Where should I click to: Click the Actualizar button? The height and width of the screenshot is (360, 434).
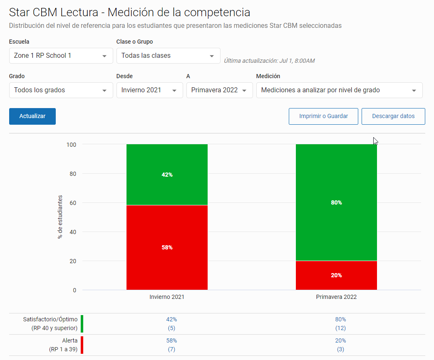32,116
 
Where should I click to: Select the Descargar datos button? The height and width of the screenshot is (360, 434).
393,116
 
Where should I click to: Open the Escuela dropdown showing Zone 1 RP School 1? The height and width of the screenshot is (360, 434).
61,56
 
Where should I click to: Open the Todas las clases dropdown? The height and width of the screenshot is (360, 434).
168,56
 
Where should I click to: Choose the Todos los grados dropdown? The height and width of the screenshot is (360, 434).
61,90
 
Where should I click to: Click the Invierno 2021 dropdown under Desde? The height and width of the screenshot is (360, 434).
149,90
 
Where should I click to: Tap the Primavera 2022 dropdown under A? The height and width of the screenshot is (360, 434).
219,90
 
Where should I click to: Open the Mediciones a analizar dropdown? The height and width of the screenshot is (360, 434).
339,90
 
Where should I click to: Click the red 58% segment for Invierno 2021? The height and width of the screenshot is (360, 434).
167,247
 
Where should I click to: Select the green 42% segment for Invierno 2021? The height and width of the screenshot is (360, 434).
167,175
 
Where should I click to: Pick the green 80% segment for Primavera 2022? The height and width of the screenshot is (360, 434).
336,202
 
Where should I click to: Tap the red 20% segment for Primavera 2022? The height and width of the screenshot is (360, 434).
336,275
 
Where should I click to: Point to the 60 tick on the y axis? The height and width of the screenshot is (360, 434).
73,203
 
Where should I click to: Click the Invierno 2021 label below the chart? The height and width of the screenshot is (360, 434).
167,297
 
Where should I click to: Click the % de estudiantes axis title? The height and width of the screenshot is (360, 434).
60,217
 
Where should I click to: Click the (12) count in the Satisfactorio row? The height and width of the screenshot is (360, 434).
340,328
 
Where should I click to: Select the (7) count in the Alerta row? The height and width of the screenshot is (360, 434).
171,349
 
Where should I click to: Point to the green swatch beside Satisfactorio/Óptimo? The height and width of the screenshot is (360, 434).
82,324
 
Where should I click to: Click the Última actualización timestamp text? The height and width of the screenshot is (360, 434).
269,61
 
